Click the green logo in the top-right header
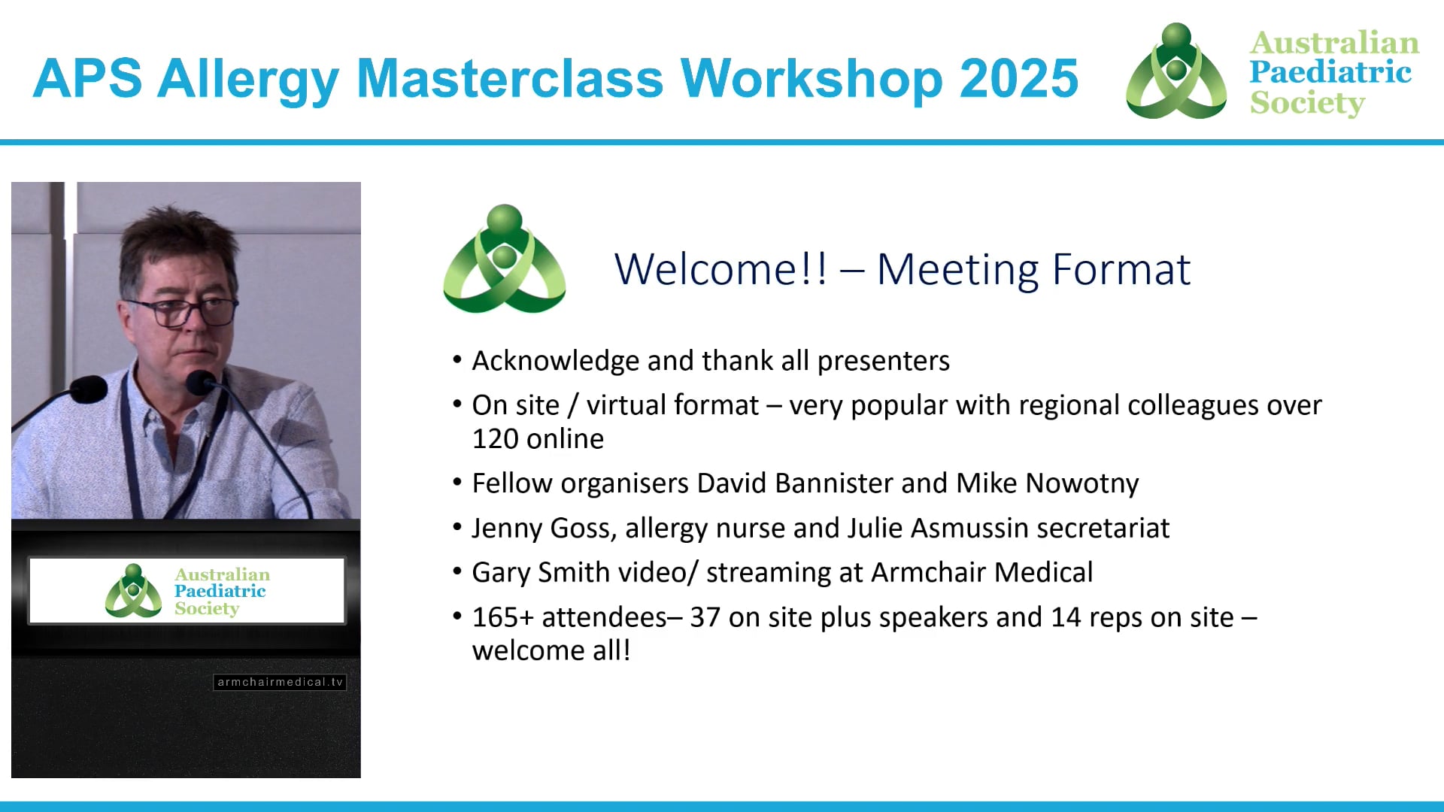[1176, 71]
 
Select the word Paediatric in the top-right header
[1330, 72]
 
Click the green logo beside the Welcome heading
[505, 259]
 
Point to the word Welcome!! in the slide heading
[720, 269]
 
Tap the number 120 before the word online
[496, 439]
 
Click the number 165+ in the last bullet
[502, 617]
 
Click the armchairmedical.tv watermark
[280, 682]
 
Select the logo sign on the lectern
[187, 591]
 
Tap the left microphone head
[89, 389]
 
